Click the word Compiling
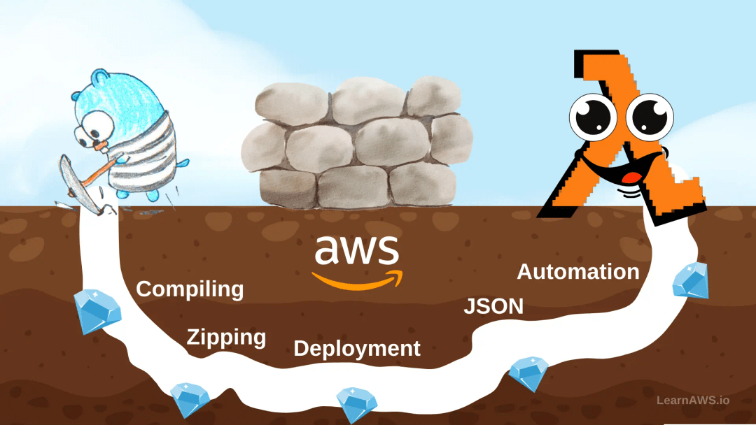tap(190, 289)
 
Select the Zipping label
tap(226, 338)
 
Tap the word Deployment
tap(357, 348)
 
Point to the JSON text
tap(493, 306)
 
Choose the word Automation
tap(578, 272)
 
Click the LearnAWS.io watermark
tap(693, 401)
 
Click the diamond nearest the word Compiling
tap(97, 312)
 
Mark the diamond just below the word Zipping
tap(190, 399)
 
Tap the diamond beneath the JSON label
tap(528, 374)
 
